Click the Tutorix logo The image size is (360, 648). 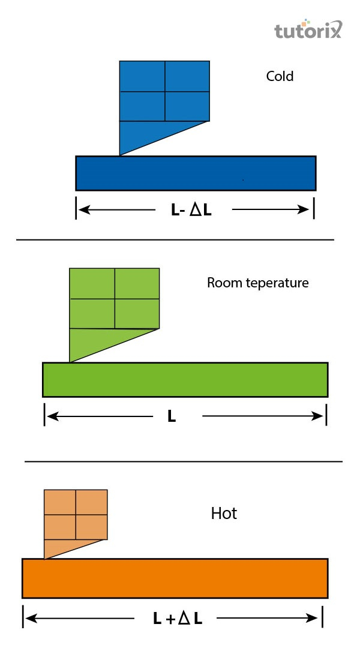point(308,30)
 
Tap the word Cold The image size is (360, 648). point(280,77)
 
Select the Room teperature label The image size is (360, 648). point(257,283)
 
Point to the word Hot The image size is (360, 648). point(224,514)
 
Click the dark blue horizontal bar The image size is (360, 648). point(195,173)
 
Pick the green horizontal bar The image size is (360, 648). point(185,379)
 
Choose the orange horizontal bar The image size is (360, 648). point(174,578)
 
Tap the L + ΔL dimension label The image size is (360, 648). point(178,619)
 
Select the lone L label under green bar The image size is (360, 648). point(172,417)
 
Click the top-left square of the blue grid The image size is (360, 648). point(142,76)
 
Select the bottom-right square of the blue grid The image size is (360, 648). point(187,106)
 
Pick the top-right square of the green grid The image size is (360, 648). point(137,283)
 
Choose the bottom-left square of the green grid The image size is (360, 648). point(92,313)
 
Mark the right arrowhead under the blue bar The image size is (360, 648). point(303,210)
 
